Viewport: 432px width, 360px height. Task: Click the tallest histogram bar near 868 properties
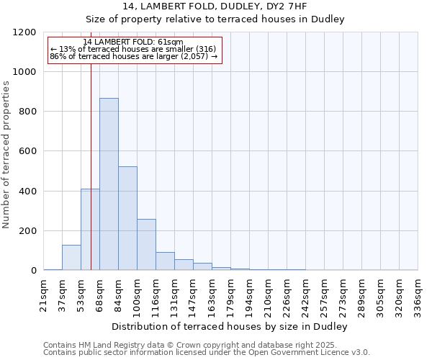(x=109, y=184)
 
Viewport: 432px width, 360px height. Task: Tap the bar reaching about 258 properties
(x=146, y=245)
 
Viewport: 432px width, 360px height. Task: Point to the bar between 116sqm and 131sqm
(x=165, y=261)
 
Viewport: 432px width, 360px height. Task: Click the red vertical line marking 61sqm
(x=91, y=158)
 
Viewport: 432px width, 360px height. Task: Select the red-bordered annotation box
(x=134, y=50)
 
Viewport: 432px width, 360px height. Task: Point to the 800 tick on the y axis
(x=27, y=112)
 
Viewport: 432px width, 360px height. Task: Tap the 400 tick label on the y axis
(x=27, y=192)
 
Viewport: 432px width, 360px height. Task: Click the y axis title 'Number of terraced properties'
(x=6, y=155)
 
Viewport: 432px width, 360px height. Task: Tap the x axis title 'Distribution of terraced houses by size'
(x=230, y=327)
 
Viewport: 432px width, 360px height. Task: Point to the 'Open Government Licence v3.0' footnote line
(x=207, y=353)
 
